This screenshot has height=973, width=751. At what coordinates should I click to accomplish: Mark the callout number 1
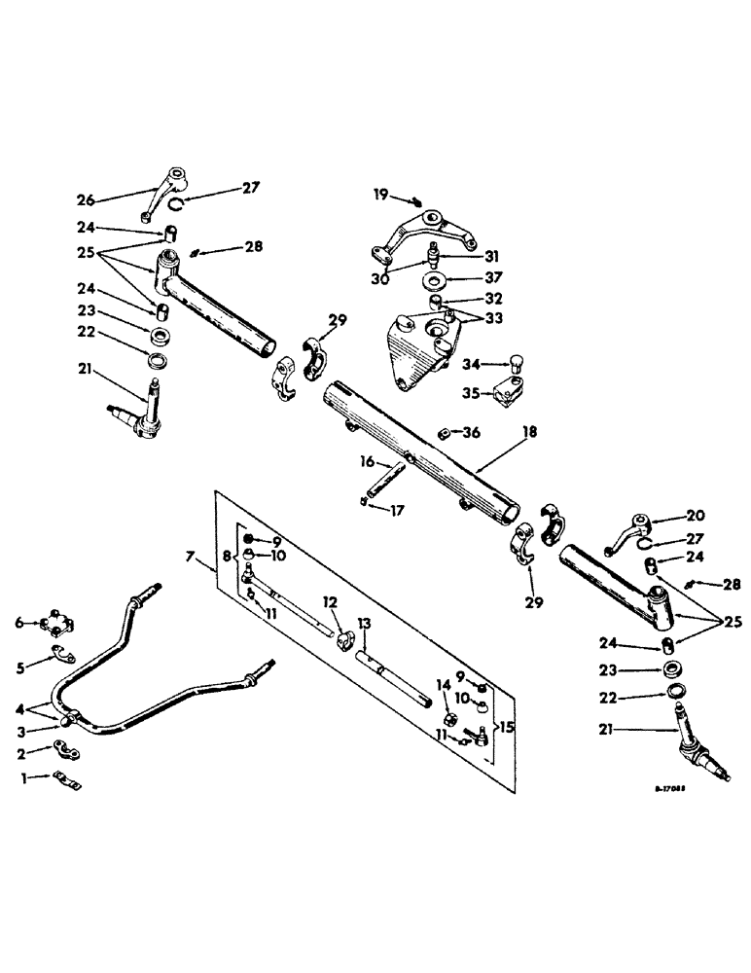point(30,776)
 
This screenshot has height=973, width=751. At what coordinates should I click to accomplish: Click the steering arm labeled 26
point(166,186)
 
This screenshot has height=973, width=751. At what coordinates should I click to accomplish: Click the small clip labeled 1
point(67,779)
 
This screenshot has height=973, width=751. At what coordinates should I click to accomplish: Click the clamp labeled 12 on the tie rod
point(343,641)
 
